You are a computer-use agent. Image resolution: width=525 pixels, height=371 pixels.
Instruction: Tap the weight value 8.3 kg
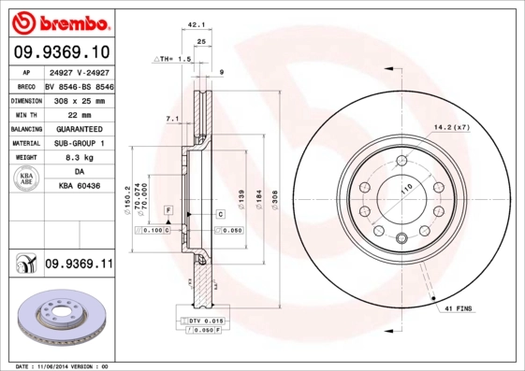click(x=79, y=158)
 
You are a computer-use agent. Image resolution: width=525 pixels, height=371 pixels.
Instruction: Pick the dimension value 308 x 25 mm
click(x=79, y=99)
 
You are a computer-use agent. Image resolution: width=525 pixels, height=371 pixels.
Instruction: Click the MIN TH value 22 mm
click(x=79, y=114)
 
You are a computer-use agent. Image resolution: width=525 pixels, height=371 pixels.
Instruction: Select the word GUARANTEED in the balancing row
click(x=79, y=129)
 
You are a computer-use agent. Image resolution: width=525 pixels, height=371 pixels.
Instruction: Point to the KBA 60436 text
click(x=79, y=187)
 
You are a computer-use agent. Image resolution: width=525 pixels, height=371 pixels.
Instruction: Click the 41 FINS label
click(x=459, y=307)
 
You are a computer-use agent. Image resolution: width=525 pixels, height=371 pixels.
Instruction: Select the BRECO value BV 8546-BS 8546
click(x=79, y=85)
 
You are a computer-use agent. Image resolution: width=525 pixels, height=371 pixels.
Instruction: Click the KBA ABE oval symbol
click(x=27, y=179)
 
